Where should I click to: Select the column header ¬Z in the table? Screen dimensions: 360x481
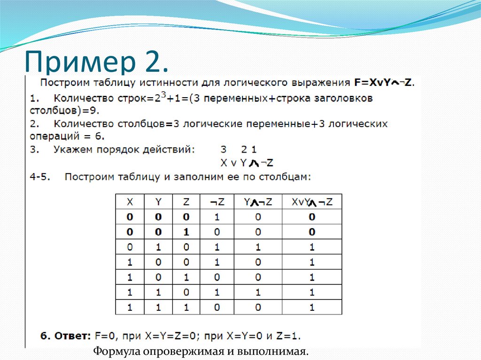coord(217,202)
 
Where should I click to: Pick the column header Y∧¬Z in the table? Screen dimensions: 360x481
coord(257,202)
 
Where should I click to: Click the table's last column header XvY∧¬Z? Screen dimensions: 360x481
coord(312,202)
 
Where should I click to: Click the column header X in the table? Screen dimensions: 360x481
coord(130,202)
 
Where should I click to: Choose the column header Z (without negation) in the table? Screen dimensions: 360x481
coord(186,202)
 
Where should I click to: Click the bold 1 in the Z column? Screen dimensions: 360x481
coord(186,232)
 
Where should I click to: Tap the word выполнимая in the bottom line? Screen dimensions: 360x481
coord(273,351)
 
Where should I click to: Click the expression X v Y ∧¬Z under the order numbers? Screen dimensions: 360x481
coord(247,163)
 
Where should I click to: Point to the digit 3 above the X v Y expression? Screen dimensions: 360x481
coord(223,150)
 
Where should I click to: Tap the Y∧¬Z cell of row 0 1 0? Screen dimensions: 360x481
coord(257,247)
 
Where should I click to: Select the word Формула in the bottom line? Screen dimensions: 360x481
coord(117,351)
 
